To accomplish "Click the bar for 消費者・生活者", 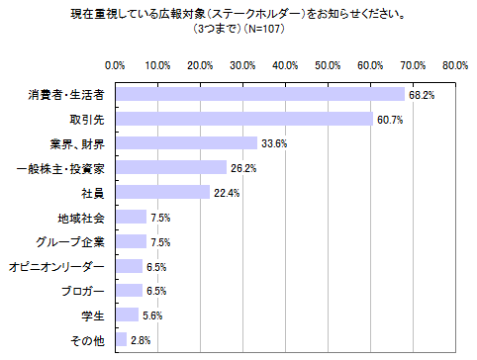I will point(259,95).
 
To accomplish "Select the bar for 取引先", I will point(243,119).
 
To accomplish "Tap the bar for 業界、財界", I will point(186,143).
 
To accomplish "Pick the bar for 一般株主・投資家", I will point(170,168).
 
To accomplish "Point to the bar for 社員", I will point(162,192).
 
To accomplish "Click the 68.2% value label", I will point(422,95).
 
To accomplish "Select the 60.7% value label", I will point(390,120).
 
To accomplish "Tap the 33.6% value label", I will point(274,143).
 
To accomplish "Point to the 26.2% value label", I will point(242,168).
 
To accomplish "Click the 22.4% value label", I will point(227,193).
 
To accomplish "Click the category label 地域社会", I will point(82,217).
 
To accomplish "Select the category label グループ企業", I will point(74,241).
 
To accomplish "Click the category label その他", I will point(89,339).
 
